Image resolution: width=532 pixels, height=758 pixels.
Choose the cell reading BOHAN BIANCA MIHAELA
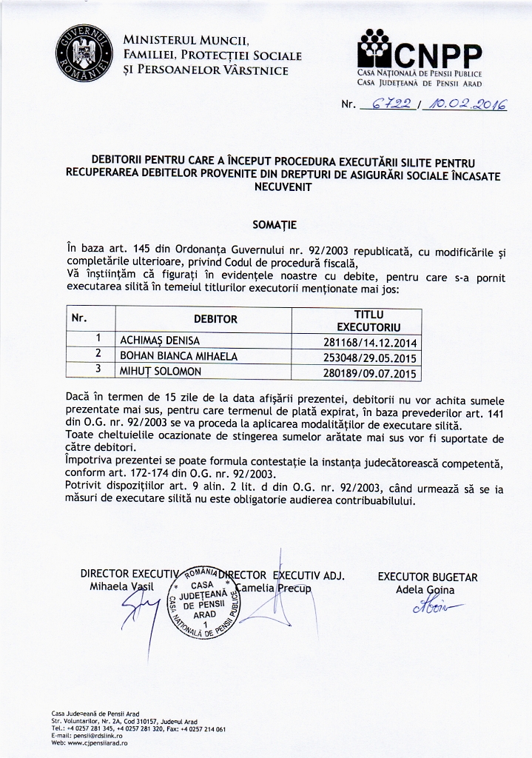[178, 356]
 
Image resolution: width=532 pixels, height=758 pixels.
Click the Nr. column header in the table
[79, 318]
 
